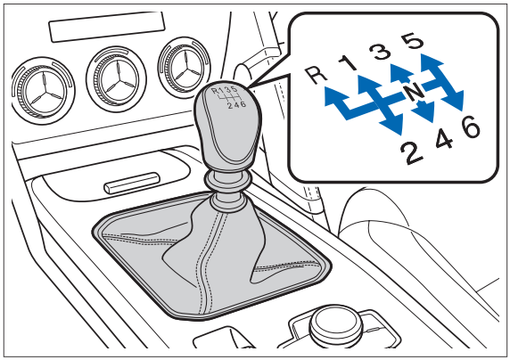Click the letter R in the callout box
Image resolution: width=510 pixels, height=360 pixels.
point(317,75)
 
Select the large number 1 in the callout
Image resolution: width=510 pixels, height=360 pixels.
point(348,62)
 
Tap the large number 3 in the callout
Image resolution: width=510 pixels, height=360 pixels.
point(381,52)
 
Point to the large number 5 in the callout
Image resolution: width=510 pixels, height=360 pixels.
point(413,41)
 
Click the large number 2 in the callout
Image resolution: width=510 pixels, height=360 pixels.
point(412,153)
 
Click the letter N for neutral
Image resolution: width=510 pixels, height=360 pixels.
point(414,92)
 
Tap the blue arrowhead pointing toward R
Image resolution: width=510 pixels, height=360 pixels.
point(333,96)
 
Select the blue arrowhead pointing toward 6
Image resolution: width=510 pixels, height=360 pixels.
point(454,100)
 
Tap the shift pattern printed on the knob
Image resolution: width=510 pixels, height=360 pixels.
point(228,96)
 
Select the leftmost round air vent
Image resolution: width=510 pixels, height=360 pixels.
point(43,90)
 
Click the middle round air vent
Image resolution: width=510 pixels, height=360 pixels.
point(117,79)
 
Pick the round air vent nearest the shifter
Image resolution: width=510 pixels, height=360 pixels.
point(185,68)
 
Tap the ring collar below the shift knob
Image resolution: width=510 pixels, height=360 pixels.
point(227,181)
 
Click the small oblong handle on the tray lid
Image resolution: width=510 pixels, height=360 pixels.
point(132,183)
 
